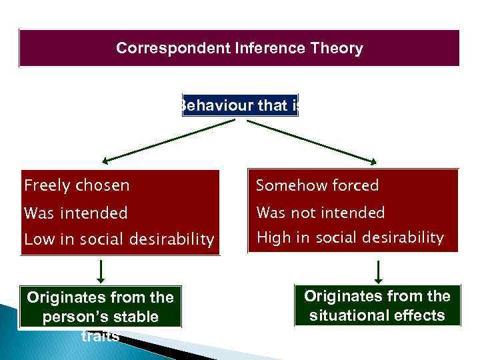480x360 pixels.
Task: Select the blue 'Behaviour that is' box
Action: point(240,105)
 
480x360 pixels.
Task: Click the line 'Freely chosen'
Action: point(77,185)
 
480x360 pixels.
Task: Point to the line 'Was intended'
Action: point(75,213)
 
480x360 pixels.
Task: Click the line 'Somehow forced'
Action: point(317,185)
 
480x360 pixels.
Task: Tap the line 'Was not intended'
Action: point(321,213)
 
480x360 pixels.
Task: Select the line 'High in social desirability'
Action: point(350,237)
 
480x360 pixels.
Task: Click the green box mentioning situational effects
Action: point(377,305)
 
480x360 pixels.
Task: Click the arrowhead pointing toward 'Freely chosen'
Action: point(107,161)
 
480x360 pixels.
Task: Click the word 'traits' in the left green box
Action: point(100,335)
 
